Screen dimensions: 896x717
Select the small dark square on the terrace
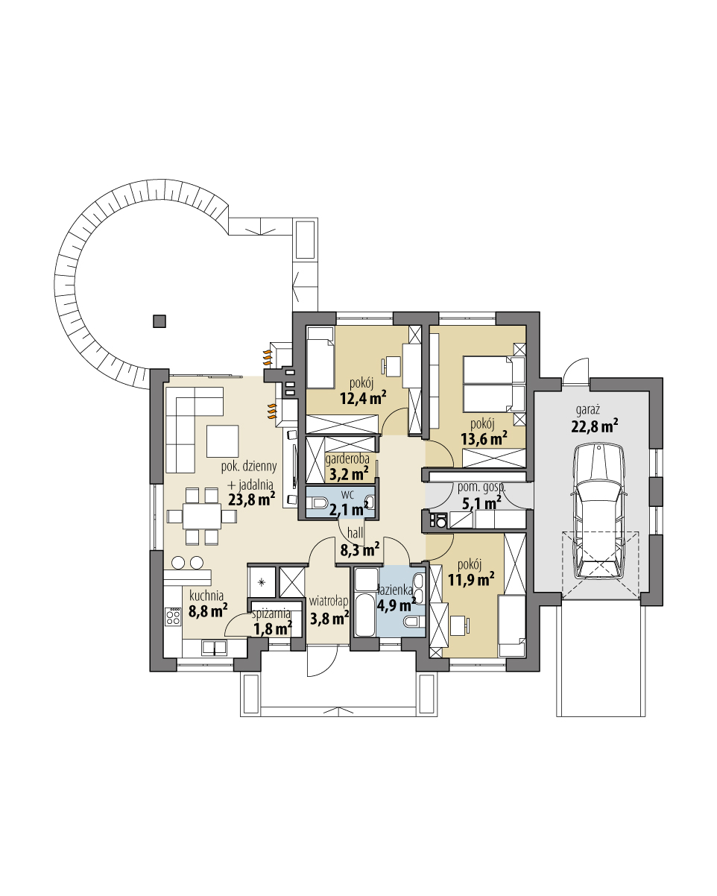[x=159, y=321]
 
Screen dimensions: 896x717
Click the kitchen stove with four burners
[x=173, y=616]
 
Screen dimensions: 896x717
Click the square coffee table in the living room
[x=223, y=441]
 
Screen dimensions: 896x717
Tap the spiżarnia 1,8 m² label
[x=272, y=622]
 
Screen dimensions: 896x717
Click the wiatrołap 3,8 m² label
[x=329, y=610]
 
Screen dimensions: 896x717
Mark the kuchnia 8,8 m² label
[x=208, y=605]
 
